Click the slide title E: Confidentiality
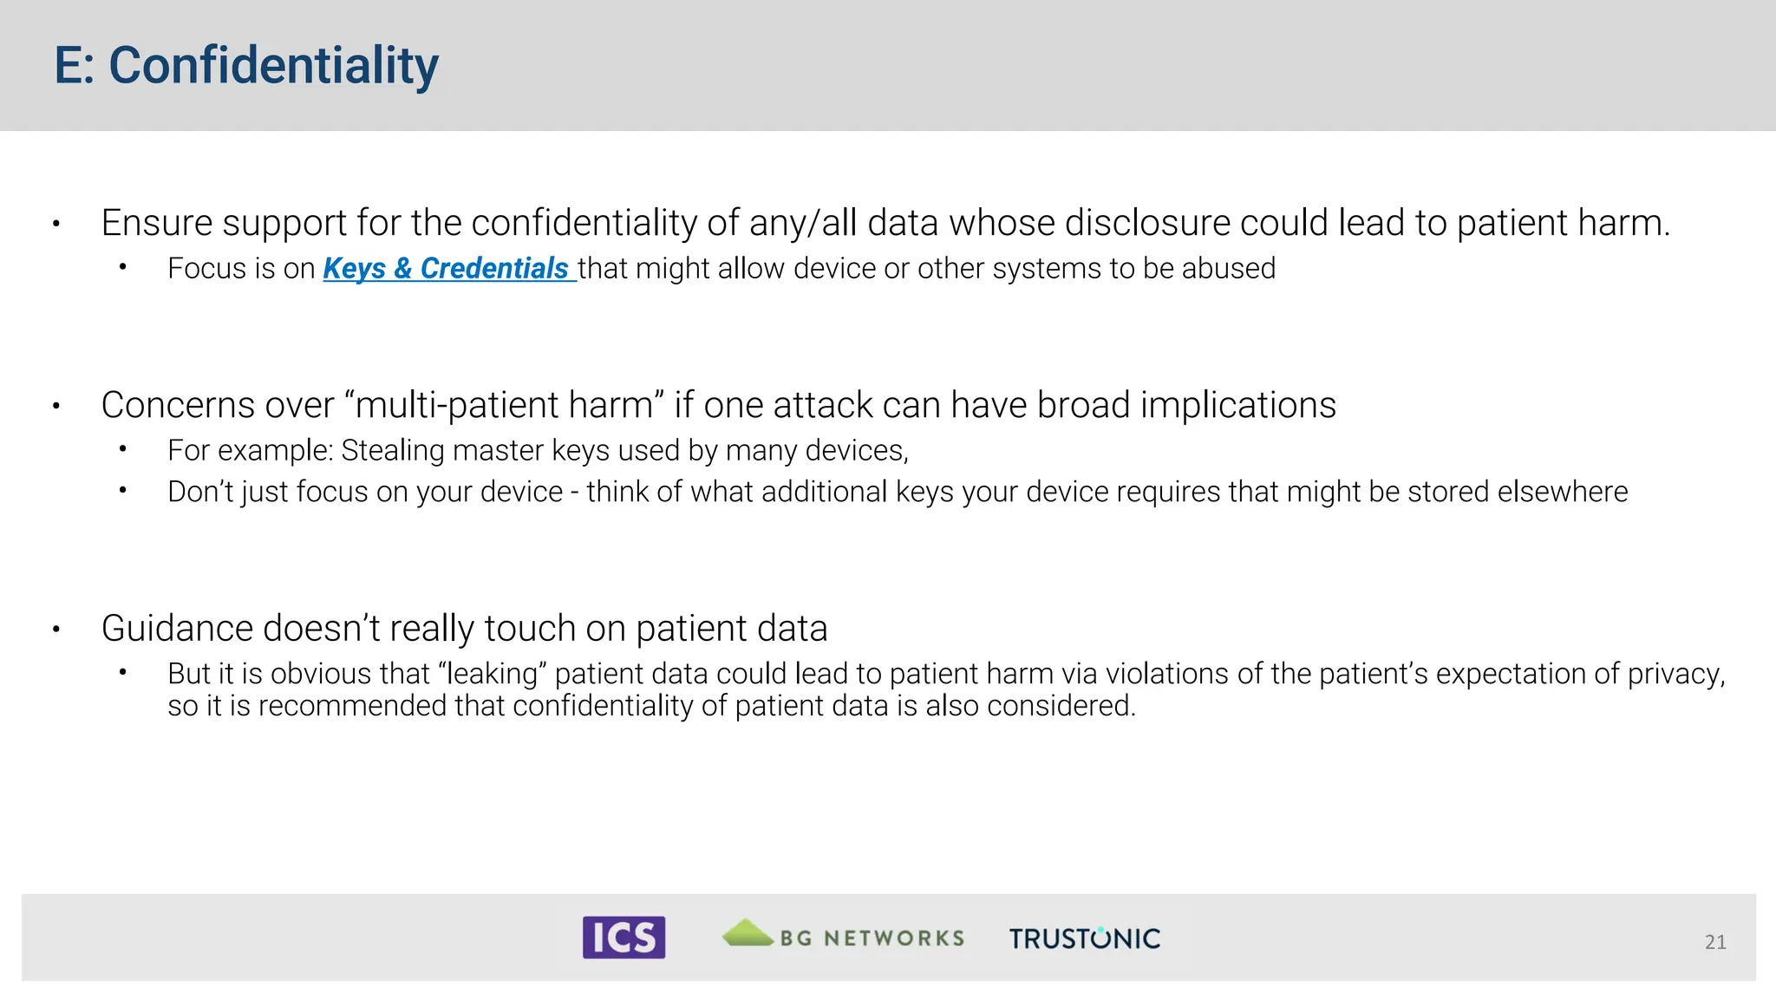(246, 66)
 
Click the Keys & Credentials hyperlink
(446, 269)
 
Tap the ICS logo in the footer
(624, 937)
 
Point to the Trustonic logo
(1084, 938)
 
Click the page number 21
(1714, 942)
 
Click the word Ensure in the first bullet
(157, 223)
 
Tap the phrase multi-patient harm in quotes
(504, 406)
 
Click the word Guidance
(177, 629)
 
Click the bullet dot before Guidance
(56, 630)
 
